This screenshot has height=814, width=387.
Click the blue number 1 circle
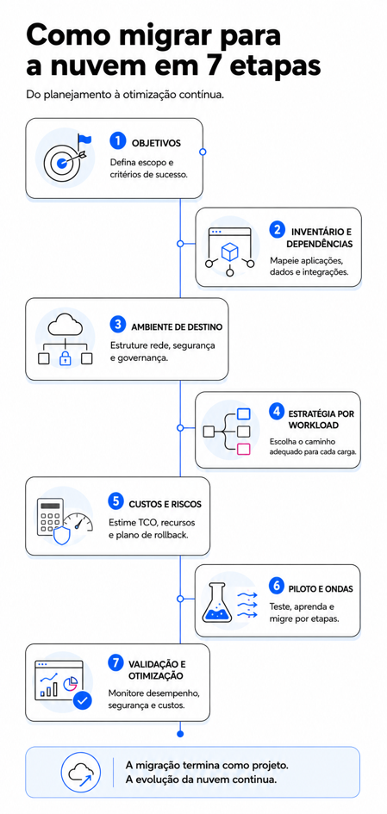118,140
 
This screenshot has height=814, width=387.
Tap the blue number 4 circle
277,413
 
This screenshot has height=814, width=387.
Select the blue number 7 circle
115,663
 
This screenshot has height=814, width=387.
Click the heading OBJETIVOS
156,143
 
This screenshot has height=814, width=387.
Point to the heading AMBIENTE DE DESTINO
177,327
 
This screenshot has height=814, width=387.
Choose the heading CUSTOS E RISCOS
165,504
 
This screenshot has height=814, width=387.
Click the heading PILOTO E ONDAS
321,588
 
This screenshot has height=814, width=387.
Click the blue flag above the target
84,140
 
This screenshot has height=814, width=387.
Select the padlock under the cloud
65,358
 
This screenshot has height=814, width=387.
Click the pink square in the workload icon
243,450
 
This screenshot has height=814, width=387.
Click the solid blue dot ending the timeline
180,734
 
